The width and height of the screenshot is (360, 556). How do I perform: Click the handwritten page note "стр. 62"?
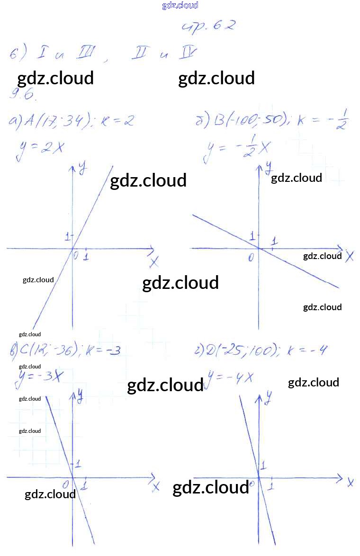[208, 26]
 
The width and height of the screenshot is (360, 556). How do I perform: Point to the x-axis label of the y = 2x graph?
[154, 262]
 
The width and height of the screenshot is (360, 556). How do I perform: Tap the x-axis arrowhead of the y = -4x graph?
[339, 477]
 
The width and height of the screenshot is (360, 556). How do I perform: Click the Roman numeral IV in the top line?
[186, 54]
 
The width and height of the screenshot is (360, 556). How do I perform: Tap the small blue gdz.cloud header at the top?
[180, 5]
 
